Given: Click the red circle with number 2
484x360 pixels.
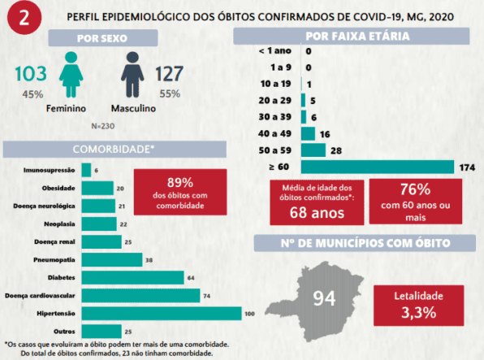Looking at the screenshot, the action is click(24, 18).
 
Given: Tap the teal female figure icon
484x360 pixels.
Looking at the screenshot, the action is click(71, 75).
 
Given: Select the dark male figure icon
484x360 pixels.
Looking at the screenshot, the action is click(132, 75).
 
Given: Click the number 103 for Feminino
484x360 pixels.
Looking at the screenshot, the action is click(31, 74).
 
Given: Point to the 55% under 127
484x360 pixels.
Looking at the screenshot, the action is click(170, 93).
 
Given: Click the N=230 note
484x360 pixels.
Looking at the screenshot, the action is click(103, 126).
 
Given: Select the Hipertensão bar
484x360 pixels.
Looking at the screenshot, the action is click(162, 314).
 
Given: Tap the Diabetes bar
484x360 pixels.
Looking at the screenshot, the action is click(132, 277).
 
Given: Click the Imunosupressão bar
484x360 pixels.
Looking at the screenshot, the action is click(86, 170).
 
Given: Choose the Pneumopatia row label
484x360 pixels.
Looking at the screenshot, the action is click(54, 260).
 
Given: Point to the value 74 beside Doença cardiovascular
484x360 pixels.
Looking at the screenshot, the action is click(207, 296).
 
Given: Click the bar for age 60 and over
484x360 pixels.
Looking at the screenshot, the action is click(378, 167).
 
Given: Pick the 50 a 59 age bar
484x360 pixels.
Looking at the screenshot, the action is click(313, 150).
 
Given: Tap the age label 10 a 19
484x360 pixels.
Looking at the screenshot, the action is click(275, 84).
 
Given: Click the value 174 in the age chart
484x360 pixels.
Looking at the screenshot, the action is click(467, 167).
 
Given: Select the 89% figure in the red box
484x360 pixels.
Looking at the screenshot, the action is click(180, 183).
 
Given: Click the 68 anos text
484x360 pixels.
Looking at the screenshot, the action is click(317, 213).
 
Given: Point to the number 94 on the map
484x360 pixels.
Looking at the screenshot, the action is click(324, 298).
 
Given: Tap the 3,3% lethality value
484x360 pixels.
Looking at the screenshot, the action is click(418, 312).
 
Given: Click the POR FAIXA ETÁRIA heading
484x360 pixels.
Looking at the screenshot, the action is click(357, 36).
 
